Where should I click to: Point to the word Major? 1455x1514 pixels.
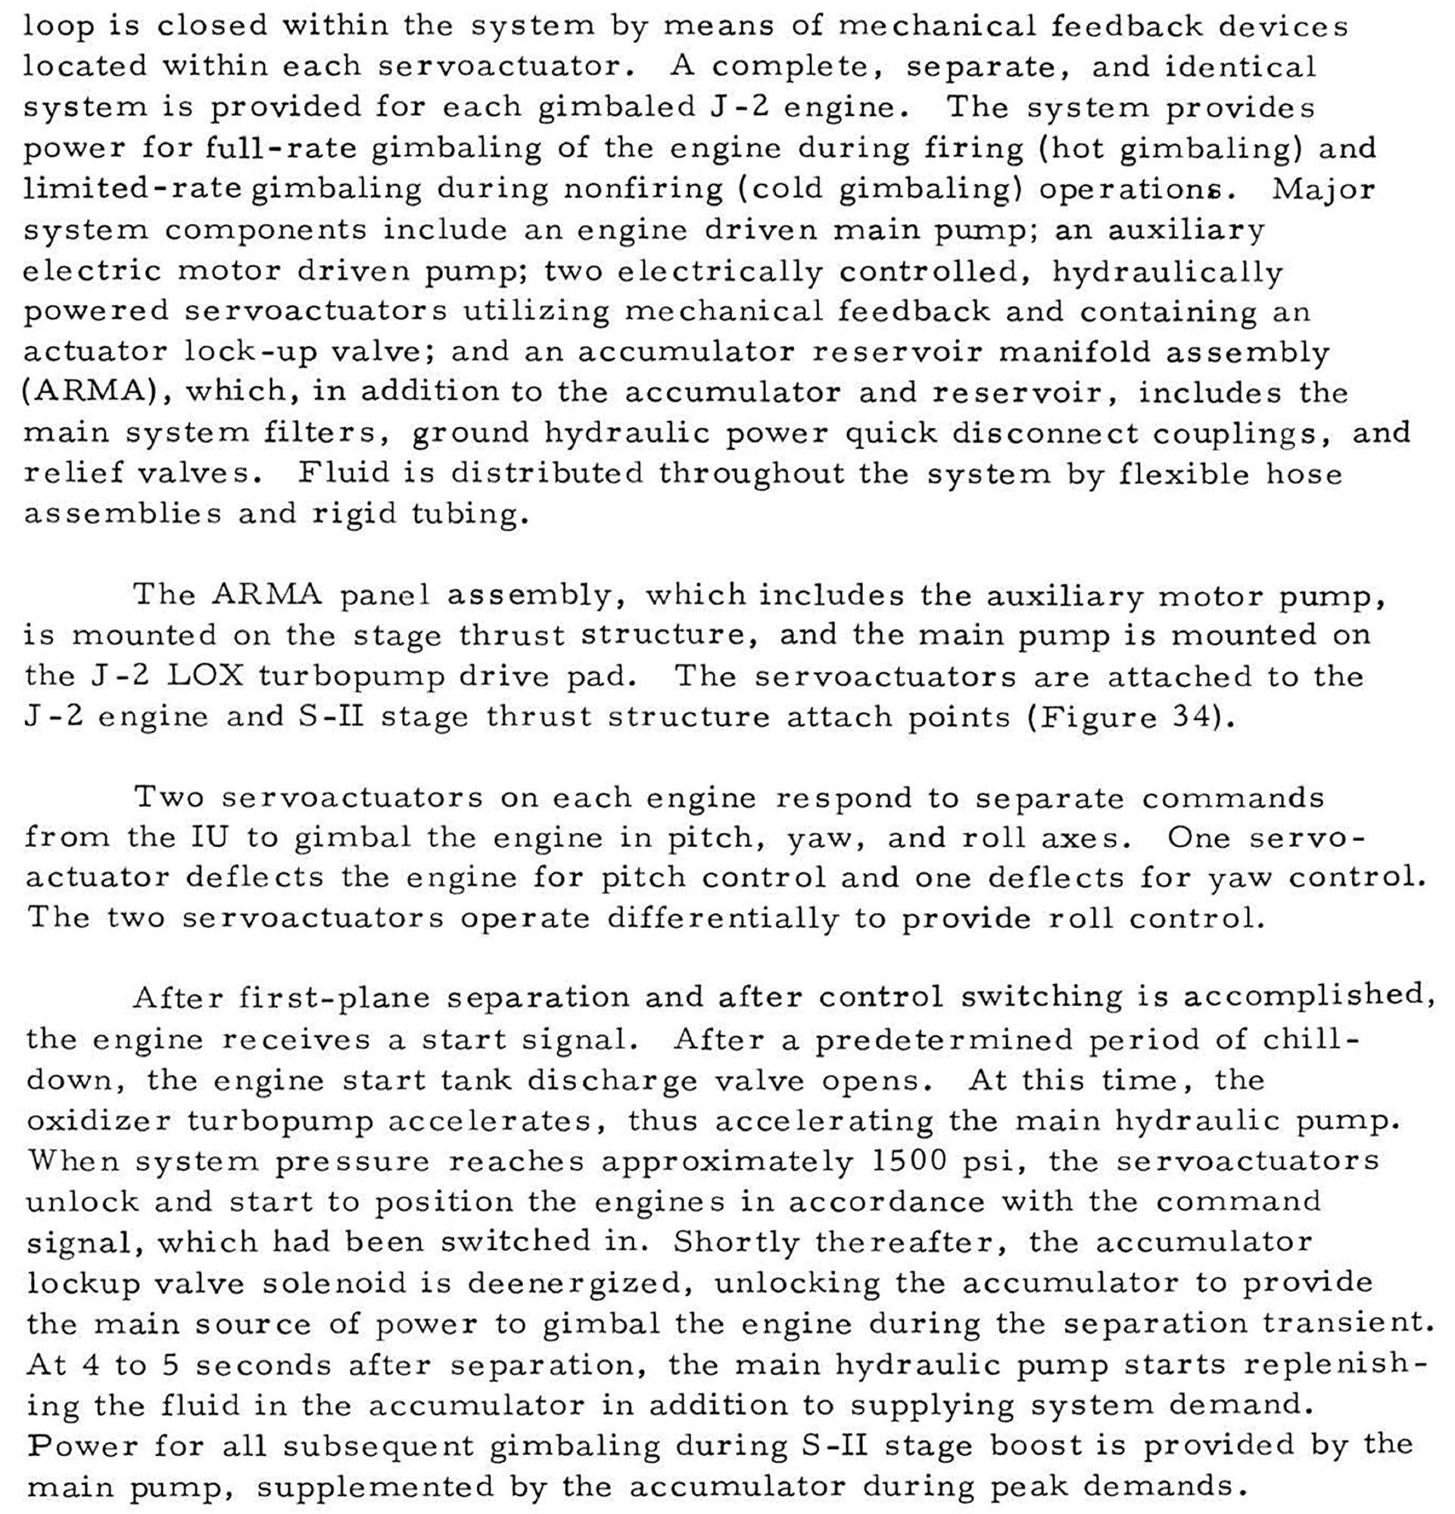1323,188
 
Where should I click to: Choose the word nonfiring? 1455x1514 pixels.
643,188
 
